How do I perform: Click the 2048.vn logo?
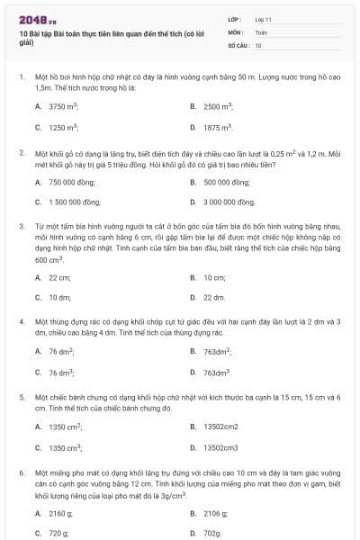coord(37,19)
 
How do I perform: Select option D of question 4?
coord(217,373)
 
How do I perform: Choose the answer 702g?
coord(211,533)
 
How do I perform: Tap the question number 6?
coord(21,472)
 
